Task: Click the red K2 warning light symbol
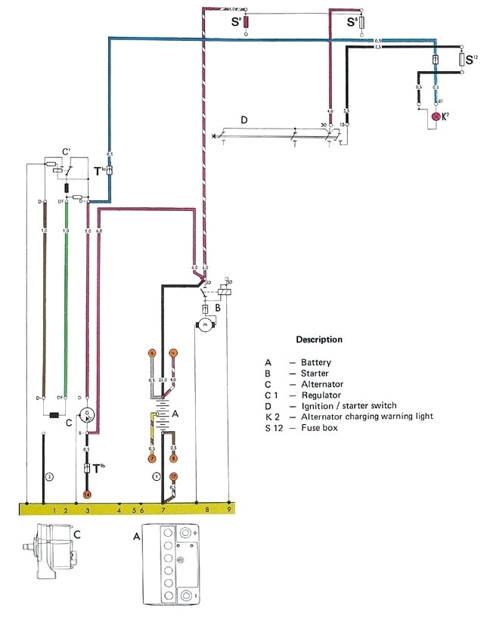[x=436, y=116]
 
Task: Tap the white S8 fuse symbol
[x=362, y=23]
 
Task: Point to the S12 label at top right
[x=470, y=59]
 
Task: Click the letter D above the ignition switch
[x=244, y=119]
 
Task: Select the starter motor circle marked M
[x=203, y=324]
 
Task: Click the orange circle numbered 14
[x=87, y=494]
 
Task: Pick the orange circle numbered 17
[x=173, y=476]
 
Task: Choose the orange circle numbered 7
[x=151, y=458]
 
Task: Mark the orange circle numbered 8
[x=173, y=458]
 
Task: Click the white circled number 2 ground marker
[x=49, y=476]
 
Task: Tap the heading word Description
[x=318, y=340]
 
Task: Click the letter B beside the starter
[x=217, y=308]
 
